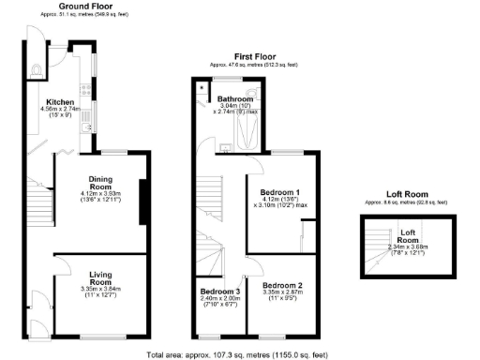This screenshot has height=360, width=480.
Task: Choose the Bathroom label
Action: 236,98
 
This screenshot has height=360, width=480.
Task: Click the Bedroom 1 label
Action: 277,190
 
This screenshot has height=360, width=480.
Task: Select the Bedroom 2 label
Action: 282,285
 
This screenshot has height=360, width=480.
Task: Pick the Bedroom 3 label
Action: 219,291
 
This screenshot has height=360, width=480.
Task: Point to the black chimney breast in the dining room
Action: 142,202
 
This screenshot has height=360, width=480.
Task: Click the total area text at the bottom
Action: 239,353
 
